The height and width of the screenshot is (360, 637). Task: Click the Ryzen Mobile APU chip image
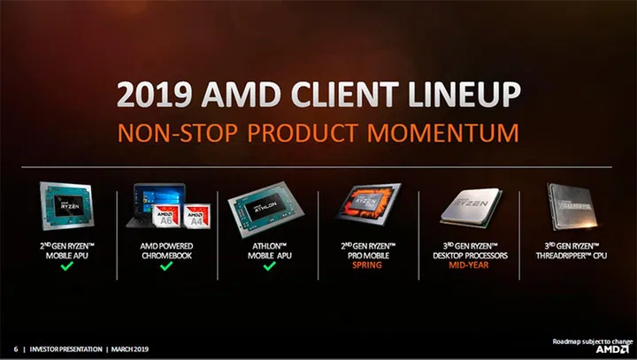pyautogui.click(x=66, y=205)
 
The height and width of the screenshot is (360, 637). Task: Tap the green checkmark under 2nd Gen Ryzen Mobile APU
pyautogui.click(x=65, y=264)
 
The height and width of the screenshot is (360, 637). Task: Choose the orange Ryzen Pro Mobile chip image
pyautogui.click(x=367, y=205)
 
